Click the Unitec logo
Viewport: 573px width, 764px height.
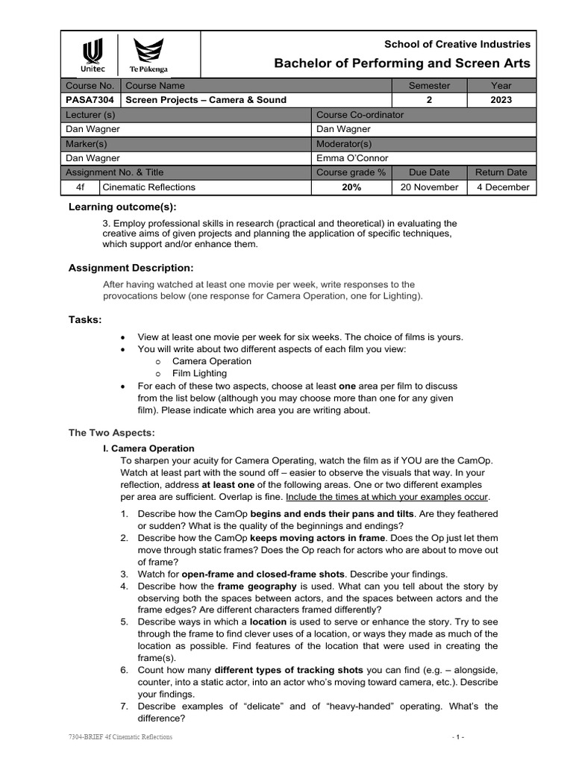91,55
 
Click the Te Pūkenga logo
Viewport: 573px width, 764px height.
149,55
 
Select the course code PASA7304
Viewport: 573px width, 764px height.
90,100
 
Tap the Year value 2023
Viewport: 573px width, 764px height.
501,100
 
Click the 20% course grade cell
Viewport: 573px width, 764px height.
351,187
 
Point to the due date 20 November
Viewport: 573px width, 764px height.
429,187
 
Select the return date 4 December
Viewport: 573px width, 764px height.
503,187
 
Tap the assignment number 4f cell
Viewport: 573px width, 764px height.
80,187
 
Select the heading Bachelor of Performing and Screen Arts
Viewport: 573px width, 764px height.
402,63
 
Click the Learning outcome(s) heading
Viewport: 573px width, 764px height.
122,207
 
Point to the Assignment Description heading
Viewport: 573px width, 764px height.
131,267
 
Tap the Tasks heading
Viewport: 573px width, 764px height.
85,319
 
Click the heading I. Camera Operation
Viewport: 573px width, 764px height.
148,448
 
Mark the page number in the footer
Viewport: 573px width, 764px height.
458,737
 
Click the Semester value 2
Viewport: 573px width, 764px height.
429,100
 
